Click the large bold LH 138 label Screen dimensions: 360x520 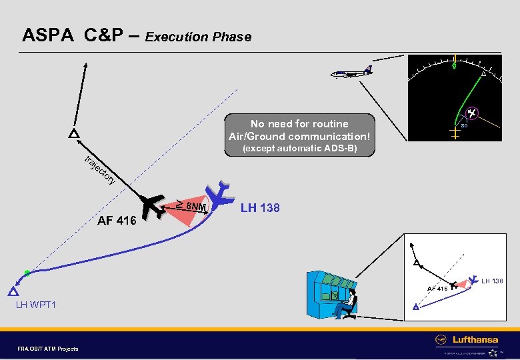(x=260, y=208)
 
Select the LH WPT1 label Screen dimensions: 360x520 (x=36, y=305)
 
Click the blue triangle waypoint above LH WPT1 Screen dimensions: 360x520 (x=13, y=291)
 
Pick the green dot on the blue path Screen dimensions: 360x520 (x=27, y=273)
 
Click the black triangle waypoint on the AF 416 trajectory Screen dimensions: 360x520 (x=73, y=134)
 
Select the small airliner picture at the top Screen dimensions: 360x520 (x=351, y=71)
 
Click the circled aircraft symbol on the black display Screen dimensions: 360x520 (x=471, y=114)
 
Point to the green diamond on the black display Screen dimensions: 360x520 (x=454, y=65)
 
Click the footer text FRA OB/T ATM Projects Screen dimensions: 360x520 (x=49, y=348)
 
